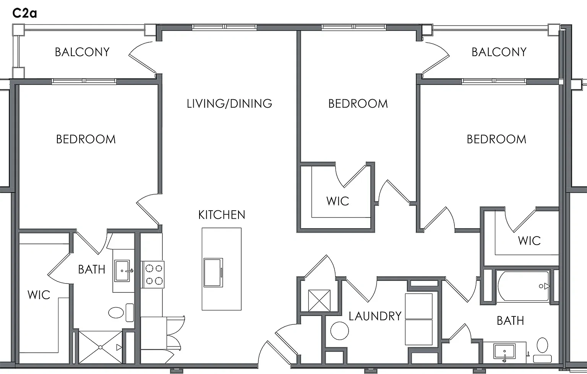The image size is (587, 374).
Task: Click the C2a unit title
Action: [x=24, y=13]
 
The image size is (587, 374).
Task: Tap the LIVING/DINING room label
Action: [x=229, y=104]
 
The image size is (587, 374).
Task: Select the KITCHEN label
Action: [x=222, y=215]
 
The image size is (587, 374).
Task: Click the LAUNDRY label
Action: [x=375, y=316]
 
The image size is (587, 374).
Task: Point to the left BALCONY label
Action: [x=82, y=52]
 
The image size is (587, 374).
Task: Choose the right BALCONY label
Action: [x=499, y=52]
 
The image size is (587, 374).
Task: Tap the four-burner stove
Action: [x=154, y=274]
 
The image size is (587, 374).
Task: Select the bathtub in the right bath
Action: [x=523, y=286]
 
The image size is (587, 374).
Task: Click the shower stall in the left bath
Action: [x=101, y=347]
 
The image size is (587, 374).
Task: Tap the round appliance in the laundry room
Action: [x=340, y=331]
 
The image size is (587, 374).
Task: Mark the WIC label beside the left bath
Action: [x=39, y=295]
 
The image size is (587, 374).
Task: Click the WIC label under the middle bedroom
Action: [x=338, y=201]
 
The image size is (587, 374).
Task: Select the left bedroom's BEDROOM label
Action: [x=86, y=139]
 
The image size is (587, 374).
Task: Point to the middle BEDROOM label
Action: [x=358, y=104]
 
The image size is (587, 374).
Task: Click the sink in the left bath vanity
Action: [x=122, y=271]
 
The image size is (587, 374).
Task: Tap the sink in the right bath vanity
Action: [x=504, y=351]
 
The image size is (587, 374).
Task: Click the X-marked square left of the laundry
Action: [x=319, y=300]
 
